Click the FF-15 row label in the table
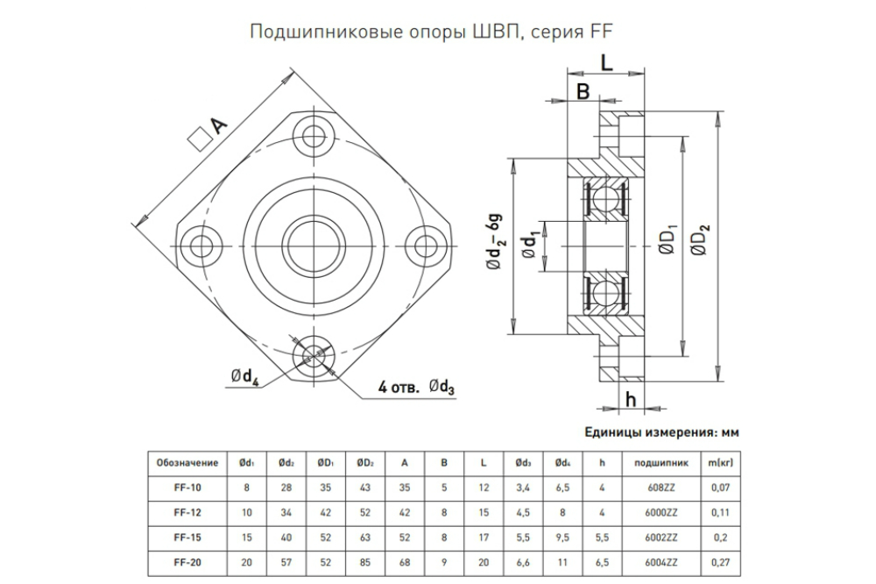(187, 538)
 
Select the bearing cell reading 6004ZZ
(661, 563)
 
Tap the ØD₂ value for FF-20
(364, 563)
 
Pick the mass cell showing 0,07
(721, 488)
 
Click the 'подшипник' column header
(661, 463)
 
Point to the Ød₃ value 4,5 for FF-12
(523, 512)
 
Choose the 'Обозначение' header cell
(187, 463)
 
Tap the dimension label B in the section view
(583, 90)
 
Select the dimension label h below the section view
(631, 399)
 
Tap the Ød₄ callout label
(245, 378)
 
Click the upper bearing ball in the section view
(605, 200)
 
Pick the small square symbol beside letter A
(197, 139)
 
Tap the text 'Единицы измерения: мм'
(661, 432)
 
